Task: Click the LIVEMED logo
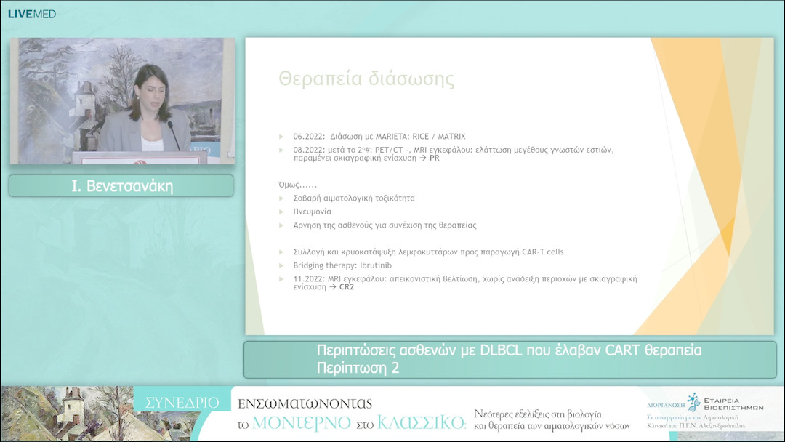pos(31,14)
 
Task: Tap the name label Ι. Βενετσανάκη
pos(121,186)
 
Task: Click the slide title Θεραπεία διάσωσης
pos(366,79)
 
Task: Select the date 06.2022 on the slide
pos(308,136)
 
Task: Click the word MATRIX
pos(451,136)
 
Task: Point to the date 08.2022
pos(308,150)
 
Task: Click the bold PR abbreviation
pos(435,158)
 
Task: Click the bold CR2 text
pos(347,286)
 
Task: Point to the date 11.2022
pos(308,278)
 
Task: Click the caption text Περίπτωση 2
pos(358,368)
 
